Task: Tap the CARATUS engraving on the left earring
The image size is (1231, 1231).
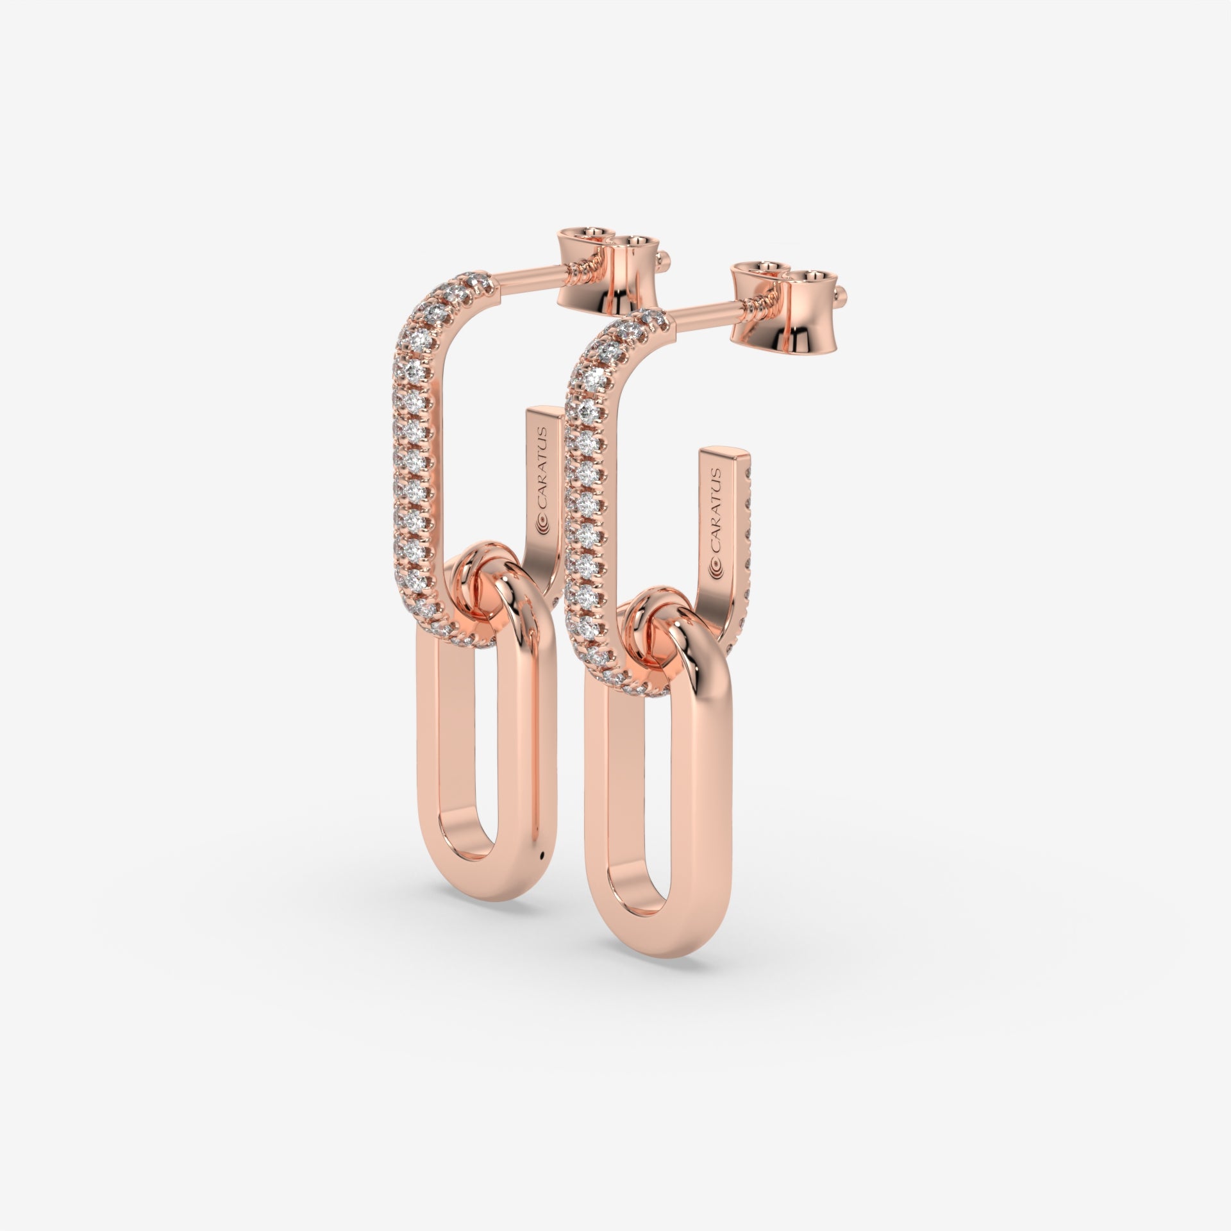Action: point(543,478)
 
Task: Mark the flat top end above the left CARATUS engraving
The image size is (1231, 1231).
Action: point(545,414)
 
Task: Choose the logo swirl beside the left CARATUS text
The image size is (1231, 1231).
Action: point(541,527)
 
